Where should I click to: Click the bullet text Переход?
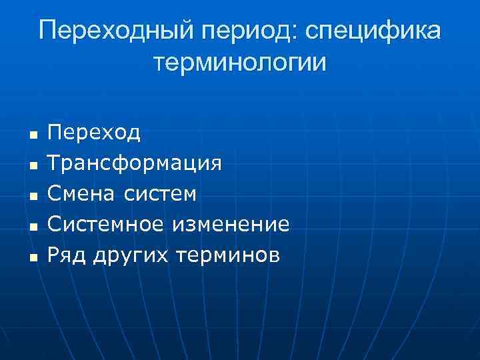point(93,133)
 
